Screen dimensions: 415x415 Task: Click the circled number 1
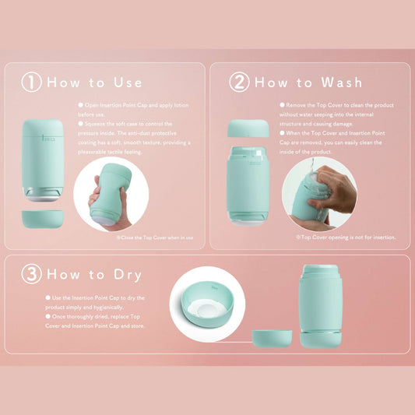click(x=31, y=82)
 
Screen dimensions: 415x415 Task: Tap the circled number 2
click(x=239, y=82)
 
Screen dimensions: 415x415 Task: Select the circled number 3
click(x=31, y=274)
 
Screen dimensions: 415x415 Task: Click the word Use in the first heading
click(x=128, y=83)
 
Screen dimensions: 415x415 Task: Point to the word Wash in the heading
click(x=342, y=83)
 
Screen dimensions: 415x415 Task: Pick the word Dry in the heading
click(x=128, y=276)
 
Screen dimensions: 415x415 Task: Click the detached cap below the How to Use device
click(x=43, y=219)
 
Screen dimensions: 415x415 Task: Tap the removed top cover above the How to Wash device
click(x=248, y=128)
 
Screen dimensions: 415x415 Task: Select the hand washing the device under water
click(x=335, y=189)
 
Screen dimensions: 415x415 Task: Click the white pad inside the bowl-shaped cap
click(x=206, y=309)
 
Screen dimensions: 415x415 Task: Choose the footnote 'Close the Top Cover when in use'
click(x=155, y=237)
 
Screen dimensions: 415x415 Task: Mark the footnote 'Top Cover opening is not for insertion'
click(x=346, y=237)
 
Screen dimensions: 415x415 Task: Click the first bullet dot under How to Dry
click(x=48, y=297)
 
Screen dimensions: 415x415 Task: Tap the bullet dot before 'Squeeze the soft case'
click(x=81, y=123)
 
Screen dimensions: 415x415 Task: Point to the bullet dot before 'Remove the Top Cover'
click(x=282, y=105)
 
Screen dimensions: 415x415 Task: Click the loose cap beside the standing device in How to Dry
click(x=272, y=339)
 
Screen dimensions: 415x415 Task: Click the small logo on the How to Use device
click(x=48, y=138)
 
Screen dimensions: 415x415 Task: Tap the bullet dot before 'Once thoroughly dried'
click(x=48, y=316)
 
